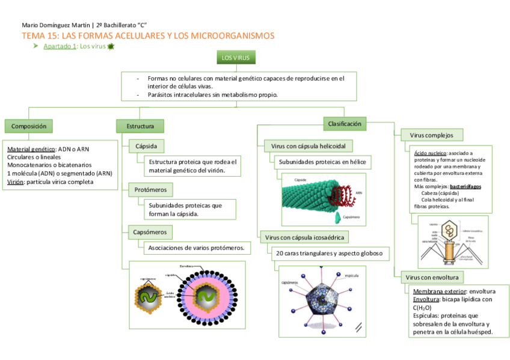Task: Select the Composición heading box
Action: point(29,126)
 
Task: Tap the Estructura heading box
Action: point(140,126)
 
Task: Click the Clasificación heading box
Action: point(345,124)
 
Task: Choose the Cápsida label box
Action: point(146,145)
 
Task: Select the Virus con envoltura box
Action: point(432,277)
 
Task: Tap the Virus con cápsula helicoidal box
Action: point(308,146)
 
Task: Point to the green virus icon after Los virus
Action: point(110,47)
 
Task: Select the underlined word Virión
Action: point(16,182)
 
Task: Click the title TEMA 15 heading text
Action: point(148,36)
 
